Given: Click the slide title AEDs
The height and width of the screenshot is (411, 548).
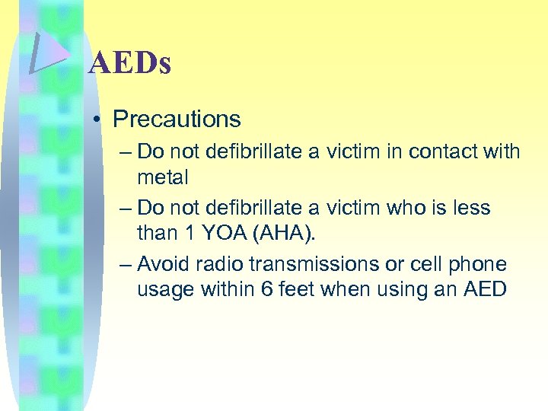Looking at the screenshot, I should click(129, 64).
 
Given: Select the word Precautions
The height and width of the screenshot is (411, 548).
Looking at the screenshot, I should click(177, 119).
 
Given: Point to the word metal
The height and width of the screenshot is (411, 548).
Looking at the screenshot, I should click(162, 177).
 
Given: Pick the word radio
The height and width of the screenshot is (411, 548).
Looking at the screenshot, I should click(218, 264).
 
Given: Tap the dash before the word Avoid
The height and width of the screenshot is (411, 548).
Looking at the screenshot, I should click(126, 264).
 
